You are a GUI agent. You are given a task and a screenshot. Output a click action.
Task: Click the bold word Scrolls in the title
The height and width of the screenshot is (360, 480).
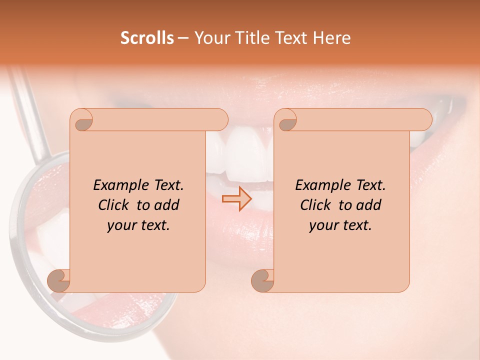147,38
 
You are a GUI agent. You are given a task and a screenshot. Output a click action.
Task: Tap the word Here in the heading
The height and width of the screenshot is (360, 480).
332,38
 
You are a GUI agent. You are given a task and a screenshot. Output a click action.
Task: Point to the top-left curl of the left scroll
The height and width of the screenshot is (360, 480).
82,120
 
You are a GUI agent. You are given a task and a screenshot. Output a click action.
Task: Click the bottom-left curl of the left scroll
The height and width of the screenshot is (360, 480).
58,280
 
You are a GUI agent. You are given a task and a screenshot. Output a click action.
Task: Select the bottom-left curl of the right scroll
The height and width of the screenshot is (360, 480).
262,280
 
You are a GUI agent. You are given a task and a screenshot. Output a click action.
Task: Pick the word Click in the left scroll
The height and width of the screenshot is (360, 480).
114,205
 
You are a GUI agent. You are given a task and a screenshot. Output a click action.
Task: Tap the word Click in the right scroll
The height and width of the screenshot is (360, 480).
316,205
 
